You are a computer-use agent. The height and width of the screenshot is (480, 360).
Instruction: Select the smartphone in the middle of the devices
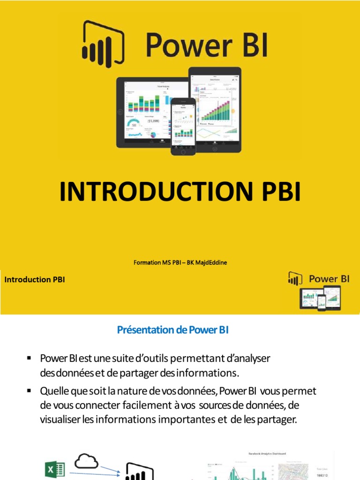coord(183,126)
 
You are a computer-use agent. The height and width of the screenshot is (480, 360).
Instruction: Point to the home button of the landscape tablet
coord(120,112)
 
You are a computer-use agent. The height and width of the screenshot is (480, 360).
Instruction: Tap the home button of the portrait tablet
coord(215,149)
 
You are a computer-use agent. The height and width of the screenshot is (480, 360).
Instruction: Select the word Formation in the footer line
coord(147,262)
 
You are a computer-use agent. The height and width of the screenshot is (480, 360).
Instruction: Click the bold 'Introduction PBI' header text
coord(35,279)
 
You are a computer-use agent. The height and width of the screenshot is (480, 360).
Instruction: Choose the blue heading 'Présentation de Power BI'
coord(172,330)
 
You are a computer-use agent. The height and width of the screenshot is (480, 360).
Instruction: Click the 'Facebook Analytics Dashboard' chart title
coord(268,453)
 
